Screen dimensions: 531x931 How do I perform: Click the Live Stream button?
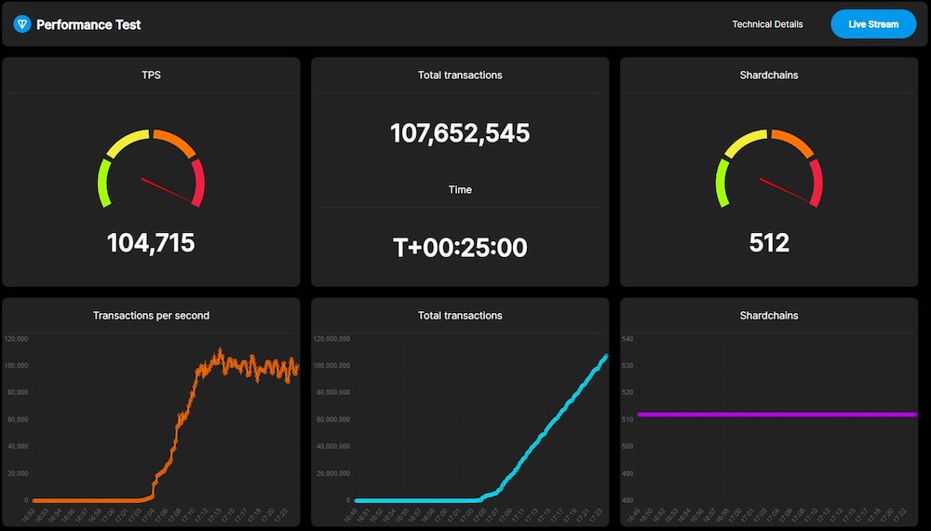872,24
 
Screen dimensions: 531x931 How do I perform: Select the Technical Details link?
767,24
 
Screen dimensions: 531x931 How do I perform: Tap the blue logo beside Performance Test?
22,24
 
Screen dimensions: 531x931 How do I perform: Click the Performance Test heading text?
88,24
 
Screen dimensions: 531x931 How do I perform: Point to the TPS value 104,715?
151,243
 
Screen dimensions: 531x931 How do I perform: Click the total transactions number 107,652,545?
460,133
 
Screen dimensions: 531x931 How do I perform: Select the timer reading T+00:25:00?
460,248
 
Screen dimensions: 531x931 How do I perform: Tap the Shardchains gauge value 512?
769,243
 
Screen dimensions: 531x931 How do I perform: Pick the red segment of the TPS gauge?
197,182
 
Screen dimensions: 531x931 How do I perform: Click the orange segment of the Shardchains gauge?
793,143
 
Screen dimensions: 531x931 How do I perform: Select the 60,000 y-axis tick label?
18,419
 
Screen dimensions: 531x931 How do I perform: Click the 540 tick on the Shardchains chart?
627,339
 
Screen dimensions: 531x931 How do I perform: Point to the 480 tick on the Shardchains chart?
627,500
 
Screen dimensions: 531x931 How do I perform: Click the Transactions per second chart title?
151,316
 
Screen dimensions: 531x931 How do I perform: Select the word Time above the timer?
460,190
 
